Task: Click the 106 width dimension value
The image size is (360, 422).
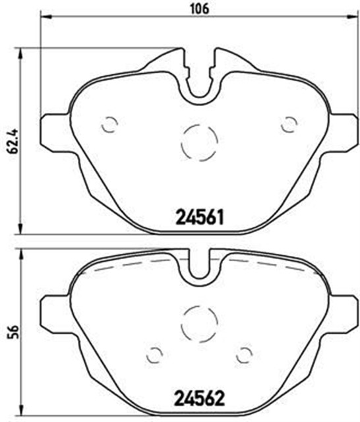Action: coord(199,9)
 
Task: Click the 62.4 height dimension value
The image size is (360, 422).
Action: coord(13,140)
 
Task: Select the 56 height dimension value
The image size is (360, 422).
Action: coord(13,332)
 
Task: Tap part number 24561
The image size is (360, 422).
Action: coord(199,218)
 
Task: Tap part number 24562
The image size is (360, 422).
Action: coord(199,398)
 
